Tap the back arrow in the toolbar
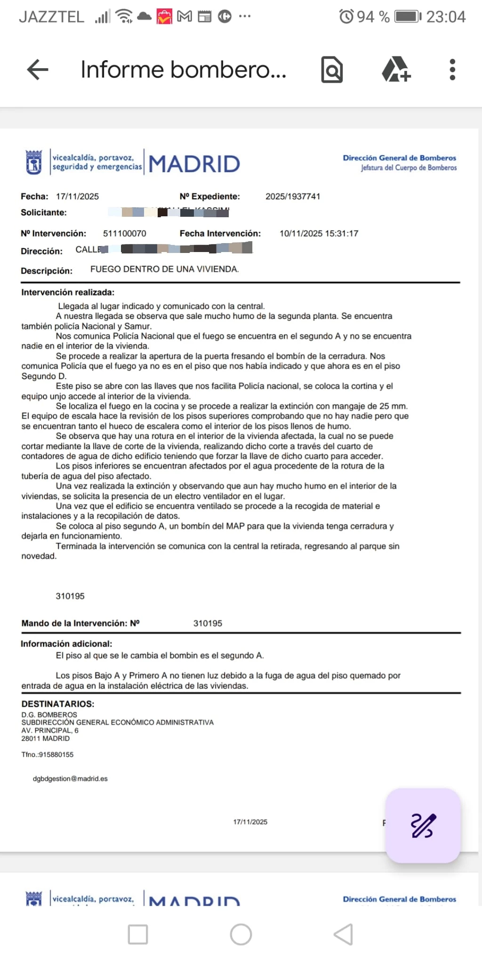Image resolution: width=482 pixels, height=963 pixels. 38,70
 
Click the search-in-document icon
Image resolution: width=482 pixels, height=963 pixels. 332,70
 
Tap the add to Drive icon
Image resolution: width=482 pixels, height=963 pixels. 395,70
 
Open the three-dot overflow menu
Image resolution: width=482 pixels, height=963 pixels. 452,70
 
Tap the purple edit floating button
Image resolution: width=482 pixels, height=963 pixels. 423,826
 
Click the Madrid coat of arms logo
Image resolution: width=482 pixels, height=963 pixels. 34,162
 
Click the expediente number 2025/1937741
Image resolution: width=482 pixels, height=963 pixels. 293,197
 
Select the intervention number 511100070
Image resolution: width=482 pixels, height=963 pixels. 125,234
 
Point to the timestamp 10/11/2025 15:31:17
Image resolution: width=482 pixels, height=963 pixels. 319,234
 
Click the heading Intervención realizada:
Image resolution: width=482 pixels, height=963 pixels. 68,292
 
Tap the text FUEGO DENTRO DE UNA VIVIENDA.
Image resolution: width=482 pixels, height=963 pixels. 165,269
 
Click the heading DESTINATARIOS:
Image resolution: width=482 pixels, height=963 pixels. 58,704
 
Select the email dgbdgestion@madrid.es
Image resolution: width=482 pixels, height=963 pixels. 70,779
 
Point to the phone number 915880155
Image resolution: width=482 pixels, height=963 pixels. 56,755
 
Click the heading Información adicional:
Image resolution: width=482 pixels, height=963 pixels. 66,644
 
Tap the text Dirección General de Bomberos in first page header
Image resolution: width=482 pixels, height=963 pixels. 399,158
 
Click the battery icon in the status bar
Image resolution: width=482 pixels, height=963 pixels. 408,17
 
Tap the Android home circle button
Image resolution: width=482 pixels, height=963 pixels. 241,934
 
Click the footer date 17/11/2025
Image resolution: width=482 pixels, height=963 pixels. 250,822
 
